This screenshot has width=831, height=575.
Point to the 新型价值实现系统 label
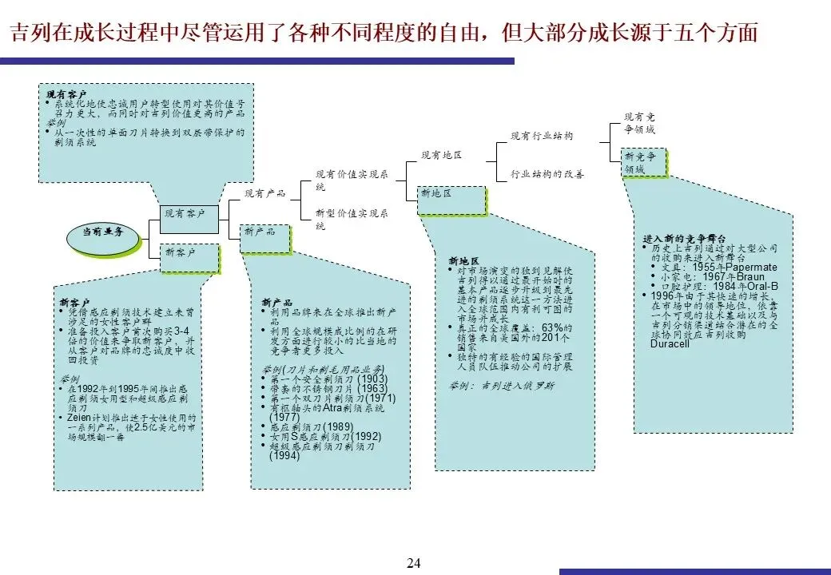[x=352, y=220]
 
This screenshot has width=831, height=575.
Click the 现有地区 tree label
[x=441, y=154]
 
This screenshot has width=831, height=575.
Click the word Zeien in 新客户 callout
[x=78, y=418]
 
